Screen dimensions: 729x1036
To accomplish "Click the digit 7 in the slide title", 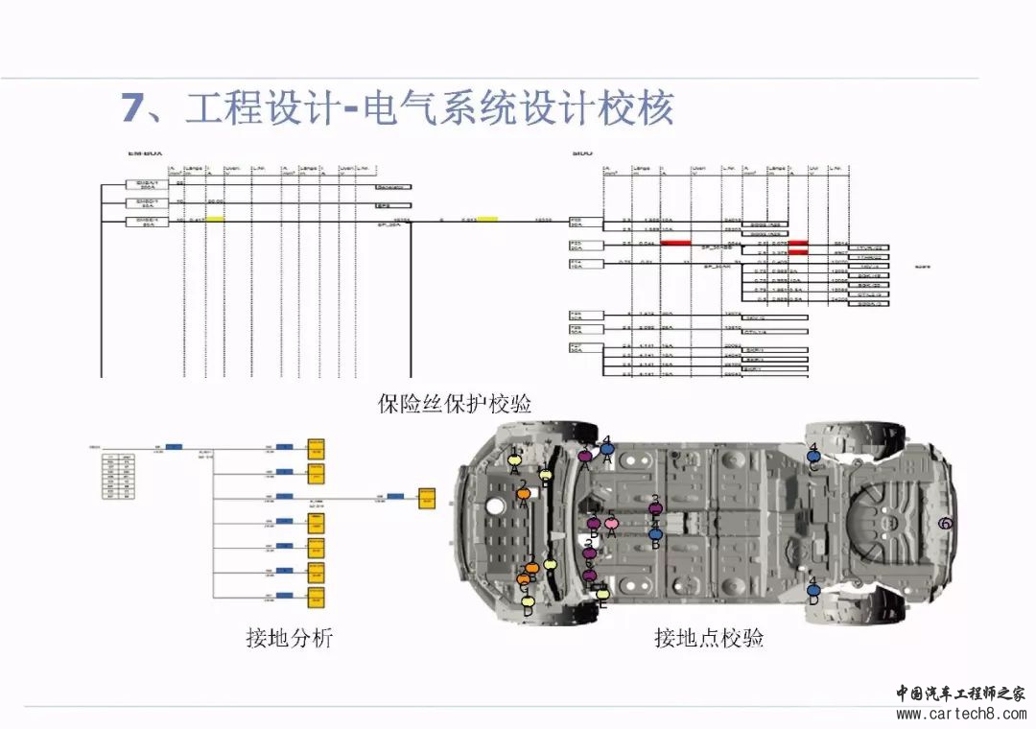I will tap(131, 107).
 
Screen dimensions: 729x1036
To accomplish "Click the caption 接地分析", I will tap(289, 637).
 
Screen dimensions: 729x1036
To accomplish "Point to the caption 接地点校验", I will tap(709, 637).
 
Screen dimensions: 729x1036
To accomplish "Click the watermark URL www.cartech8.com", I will tap(960, 714).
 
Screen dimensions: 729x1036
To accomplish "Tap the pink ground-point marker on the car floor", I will tap(611, 524).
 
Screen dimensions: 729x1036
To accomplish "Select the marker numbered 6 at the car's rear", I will tap(945, 523).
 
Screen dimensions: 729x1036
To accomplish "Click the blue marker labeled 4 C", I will tap(813, 456).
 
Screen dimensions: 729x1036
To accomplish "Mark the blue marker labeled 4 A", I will tap(606, 448).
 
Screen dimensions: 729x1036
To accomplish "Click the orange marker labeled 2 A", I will tap(524, 494).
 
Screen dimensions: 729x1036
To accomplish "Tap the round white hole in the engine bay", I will tap(496, 506).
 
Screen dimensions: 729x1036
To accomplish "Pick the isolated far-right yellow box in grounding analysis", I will tap(425, 499).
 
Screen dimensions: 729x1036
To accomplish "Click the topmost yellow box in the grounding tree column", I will tap(315, 448).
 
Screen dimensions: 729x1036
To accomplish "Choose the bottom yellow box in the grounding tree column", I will tap(315, 597).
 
